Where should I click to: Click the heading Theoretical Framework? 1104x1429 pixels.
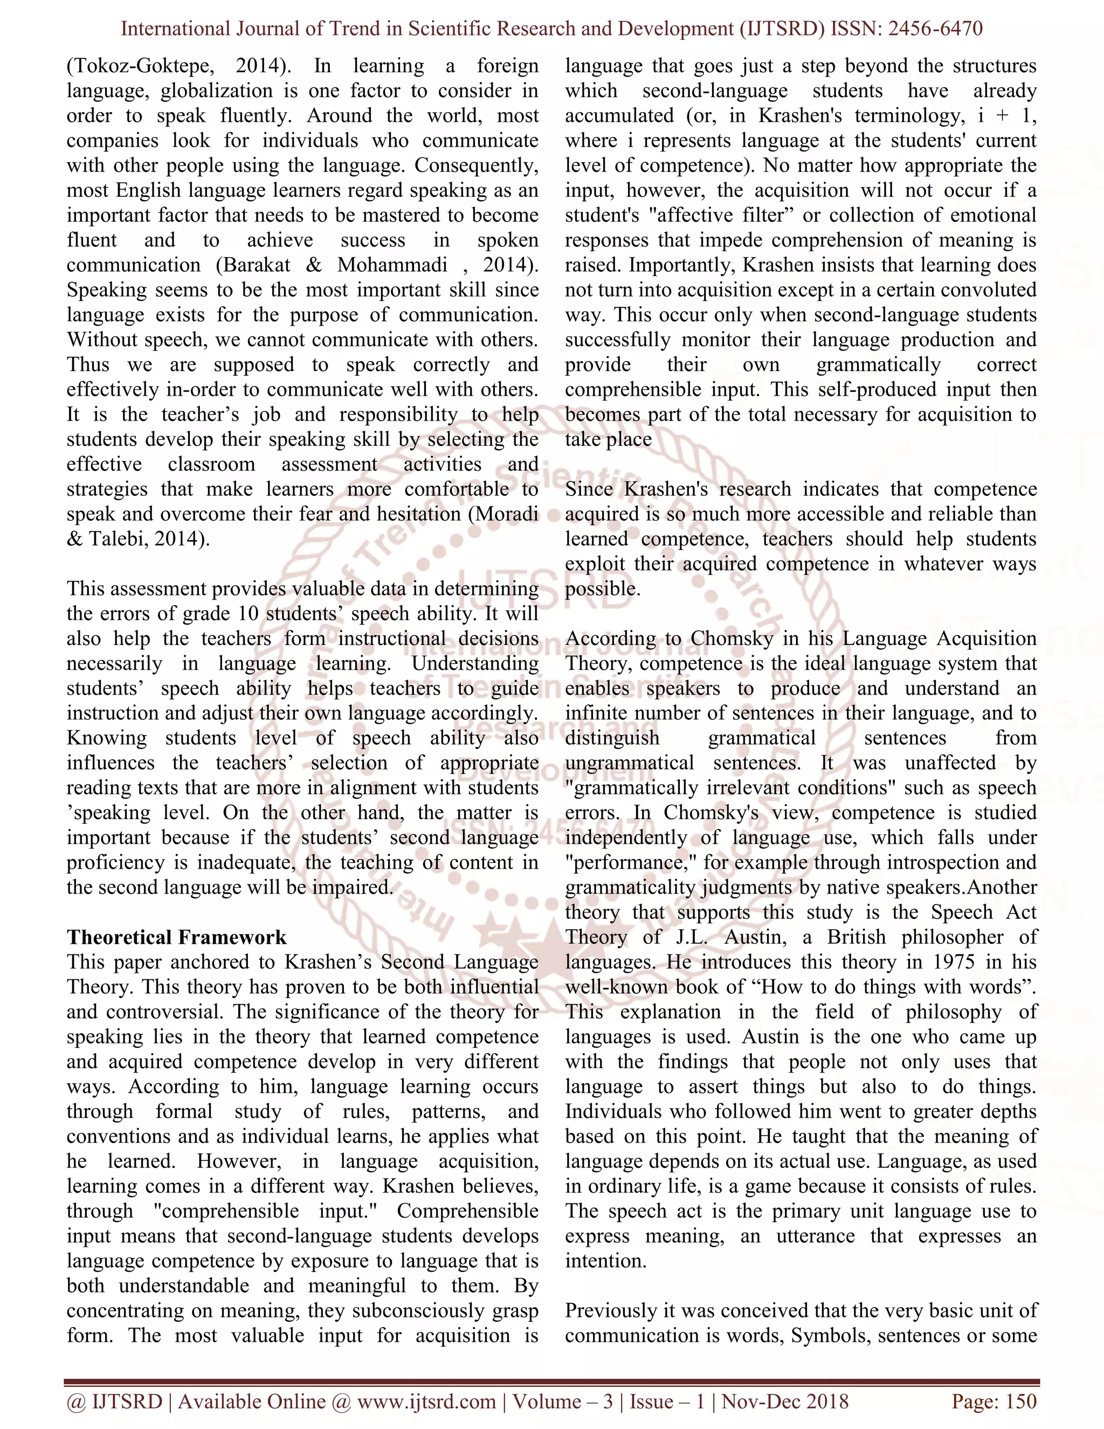tap(177, 937)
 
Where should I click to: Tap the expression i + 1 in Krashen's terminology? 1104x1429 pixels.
tap(1006, 116)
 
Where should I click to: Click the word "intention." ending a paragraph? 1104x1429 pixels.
tap(605, 1261)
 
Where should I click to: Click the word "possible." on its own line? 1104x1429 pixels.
tap(602, 588)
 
